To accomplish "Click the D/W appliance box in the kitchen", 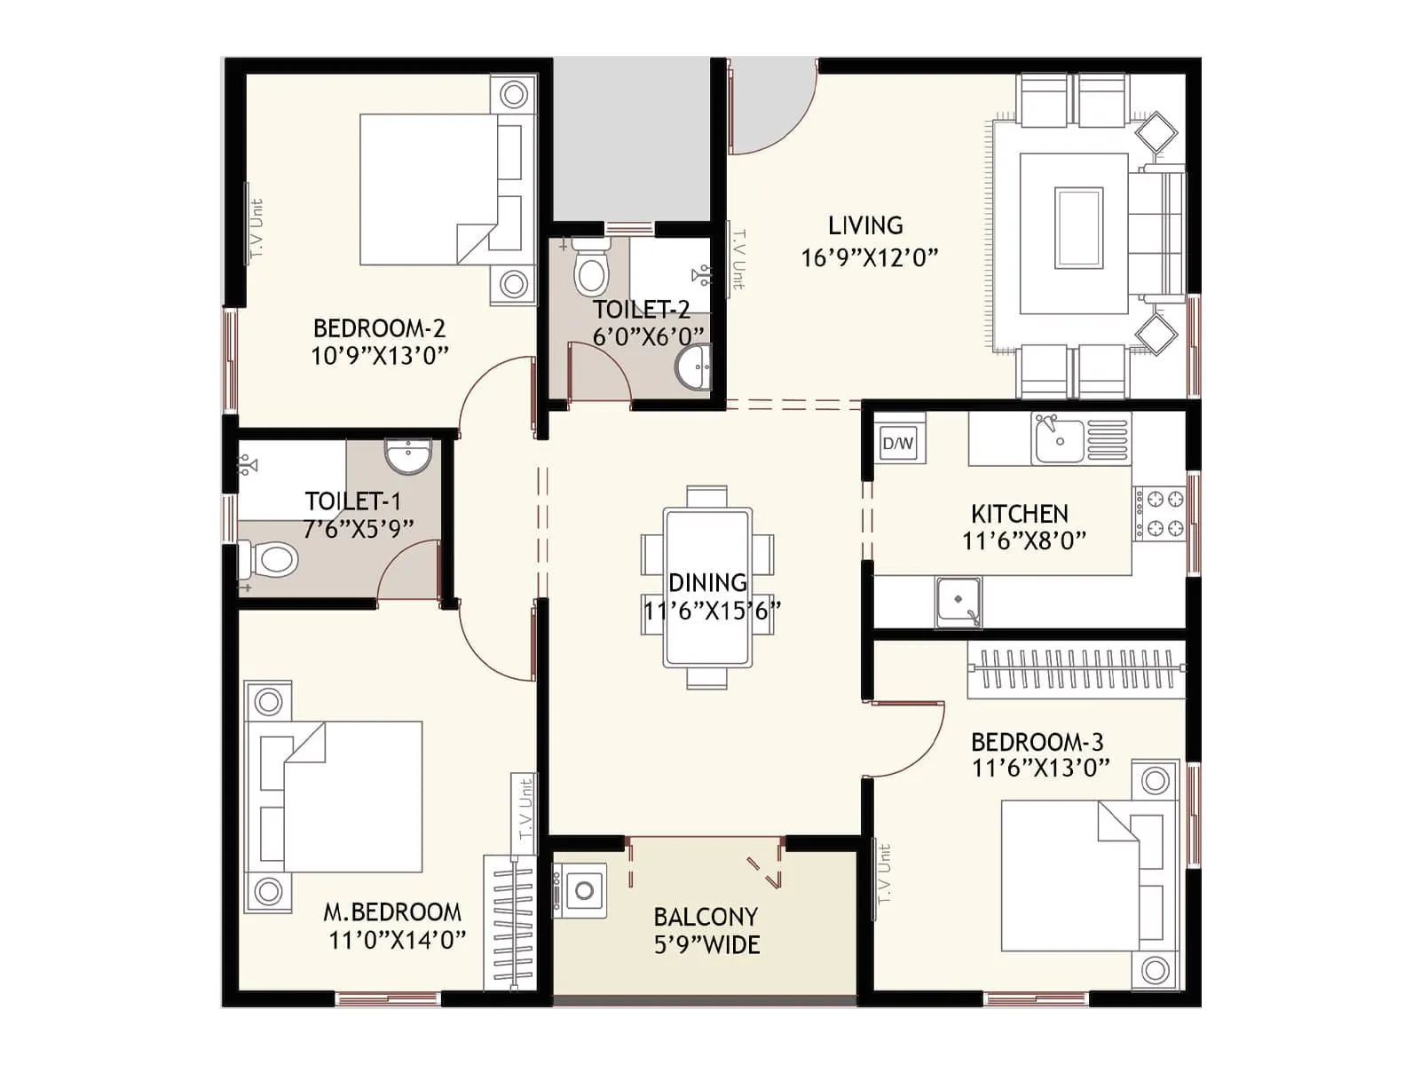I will point(898,443).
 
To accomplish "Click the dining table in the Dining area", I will point(707,586).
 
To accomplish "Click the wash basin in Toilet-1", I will point(407,455).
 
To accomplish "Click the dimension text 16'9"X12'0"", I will point(869,258).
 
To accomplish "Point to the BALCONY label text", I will point(706,917).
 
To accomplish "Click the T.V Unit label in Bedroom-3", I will point(884,874).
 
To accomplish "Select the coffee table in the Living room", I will point(1078,228).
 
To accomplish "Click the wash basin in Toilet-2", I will point(693,368).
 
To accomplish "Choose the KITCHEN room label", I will point(1020,514).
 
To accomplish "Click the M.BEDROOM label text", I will point(392,912).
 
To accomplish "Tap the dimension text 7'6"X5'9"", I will point(359,529).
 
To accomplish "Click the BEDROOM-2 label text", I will point(379,328).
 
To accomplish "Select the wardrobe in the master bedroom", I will point(509,923).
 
